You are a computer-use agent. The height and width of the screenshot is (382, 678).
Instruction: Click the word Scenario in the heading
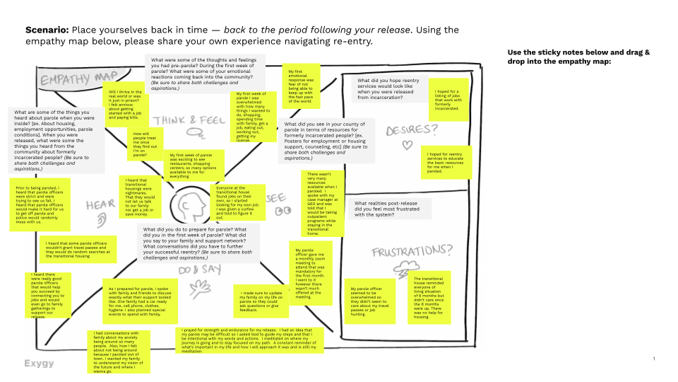point(47,30)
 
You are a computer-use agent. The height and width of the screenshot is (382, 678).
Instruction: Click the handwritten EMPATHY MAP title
point(69,79)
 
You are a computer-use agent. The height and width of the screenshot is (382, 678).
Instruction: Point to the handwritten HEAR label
point(98,205)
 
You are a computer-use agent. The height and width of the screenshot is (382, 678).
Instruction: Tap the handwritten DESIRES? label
point(411,130)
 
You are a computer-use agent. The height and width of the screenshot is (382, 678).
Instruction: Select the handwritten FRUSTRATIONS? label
point(412,251)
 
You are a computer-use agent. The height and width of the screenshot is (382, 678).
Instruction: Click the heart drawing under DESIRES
point(406,145)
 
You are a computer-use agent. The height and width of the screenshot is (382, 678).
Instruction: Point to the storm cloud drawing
point(408,270)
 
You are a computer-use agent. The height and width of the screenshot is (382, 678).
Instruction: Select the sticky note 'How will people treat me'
point(144,142)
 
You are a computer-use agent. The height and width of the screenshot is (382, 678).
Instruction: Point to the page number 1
point(653,359)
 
